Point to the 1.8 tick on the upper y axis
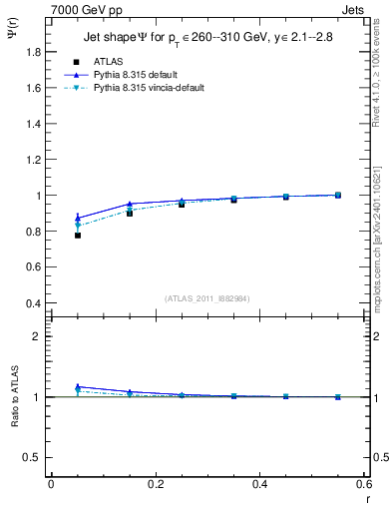coord(32,51)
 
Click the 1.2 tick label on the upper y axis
coord(32,160)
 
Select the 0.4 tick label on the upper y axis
coord(32,303)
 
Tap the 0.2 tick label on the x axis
coord(156,484)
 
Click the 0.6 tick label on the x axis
coord(364,484)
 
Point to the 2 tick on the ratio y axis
coord(37,336)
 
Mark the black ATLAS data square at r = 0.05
coord(77,235)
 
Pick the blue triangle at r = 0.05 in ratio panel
coord(77,387)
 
